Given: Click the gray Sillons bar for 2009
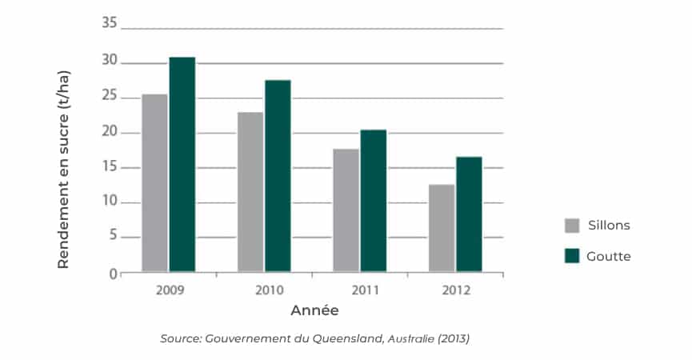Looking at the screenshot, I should (154, 183).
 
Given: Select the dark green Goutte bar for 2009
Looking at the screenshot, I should (182, 165).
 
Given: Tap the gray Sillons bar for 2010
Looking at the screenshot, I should (250, 192).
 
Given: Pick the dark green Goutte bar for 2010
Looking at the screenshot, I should (278, 176).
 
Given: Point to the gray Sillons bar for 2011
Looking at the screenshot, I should (346, 210).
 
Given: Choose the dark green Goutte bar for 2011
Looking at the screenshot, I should (373, 201).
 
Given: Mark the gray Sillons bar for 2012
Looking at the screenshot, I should (442, 228).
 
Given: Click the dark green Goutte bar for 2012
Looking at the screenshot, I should (469, 214).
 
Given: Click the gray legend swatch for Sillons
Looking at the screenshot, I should (572, 225).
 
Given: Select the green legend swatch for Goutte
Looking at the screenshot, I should (572, 256).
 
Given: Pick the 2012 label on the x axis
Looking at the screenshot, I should (455, 289).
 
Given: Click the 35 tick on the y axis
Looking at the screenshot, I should (110, 24).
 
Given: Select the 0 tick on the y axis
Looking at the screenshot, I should (113, 274).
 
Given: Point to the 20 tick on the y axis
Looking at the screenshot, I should (110, 132).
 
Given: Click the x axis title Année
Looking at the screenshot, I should (314, 310).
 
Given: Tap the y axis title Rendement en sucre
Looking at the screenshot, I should (64, 170).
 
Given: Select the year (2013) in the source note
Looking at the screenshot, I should (453, 338).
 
